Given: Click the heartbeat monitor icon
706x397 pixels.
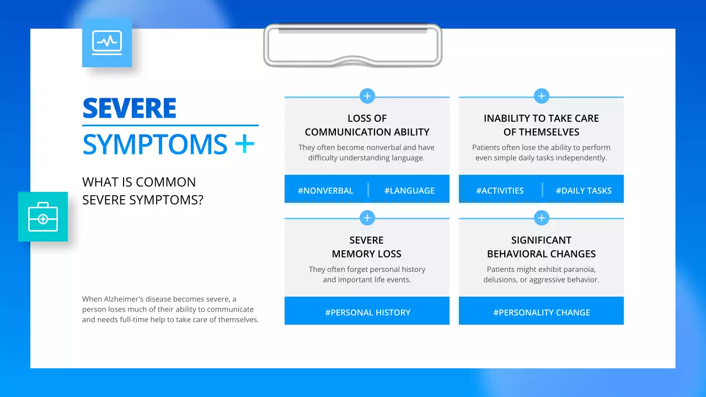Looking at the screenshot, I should pos(107,42).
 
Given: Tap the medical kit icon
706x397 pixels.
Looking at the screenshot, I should pos(43,217).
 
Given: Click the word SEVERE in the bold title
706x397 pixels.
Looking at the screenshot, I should pos(130,109).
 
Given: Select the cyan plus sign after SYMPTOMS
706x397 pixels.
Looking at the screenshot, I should pos(244,144).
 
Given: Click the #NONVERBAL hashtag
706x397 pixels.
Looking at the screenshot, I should pos(325,191).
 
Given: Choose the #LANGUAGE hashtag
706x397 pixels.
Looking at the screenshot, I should pos(409,191).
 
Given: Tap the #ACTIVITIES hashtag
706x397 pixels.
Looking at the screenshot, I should pos(500,191).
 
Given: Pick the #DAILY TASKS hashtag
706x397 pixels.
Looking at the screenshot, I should pos(584,191).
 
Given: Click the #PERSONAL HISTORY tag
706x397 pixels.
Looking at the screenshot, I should pos(367,313).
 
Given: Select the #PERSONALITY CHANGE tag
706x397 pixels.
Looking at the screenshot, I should pos(542,313).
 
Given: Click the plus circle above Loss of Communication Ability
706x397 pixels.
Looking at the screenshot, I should pos(367,96).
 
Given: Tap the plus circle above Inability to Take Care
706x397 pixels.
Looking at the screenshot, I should pos(542,96).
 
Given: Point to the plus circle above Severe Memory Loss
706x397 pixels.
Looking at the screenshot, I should pos(367,218).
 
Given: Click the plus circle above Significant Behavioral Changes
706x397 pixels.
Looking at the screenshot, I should pos(542,218).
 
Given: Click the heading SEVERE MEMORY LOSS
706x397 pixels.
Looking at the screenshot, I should pos(367,247).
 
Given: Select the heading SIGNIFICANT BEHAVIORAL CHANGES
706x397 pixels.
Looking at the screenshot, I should pos(542,247).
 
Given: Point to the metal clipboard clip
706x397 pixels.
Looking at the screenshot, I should pos(353,45).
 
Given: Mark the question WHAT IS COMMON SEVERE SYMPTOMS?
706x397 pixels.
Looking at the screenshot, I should pos(142,191).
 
